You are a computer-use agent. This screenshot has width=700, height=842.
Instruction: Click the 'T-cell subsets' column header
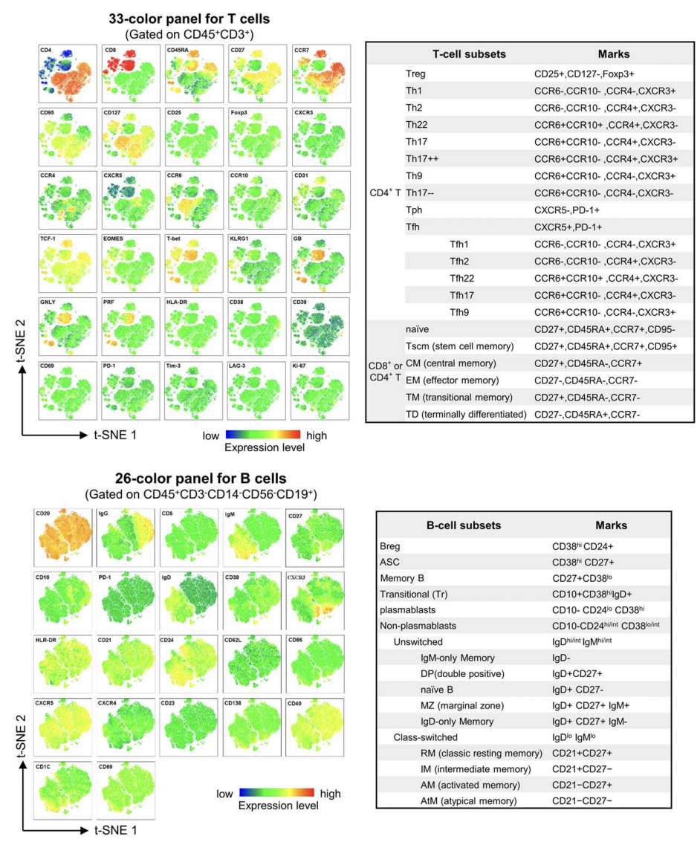tap(469, 54)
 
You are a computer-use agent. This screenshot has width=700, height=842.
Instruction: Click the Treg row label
tap(417, 75)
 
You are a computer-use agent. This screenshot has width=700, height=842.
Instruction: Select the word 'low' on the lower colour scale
tap(225, 794)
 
